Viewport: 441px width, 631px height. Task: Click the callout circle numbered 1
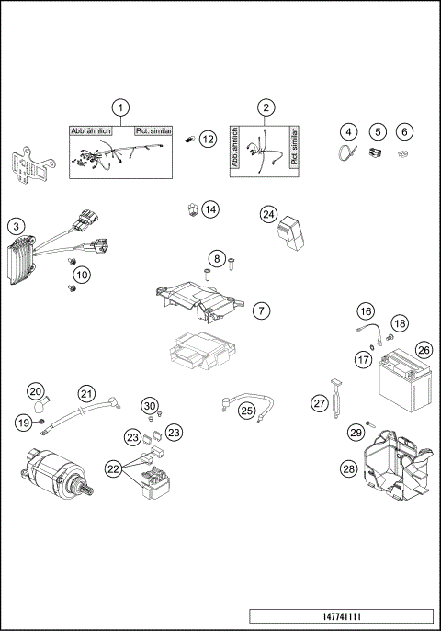click(x=120, y=109)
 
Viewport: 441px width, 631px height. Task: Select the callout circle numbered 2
click(x=266, y=108)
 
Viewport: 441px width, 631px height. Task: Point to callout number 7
click(x=262, y=310)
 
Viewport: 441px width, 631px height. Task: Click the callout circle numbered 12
click(x=208, y=139)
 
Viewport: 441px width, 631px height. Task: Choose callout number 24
click(x=268, y=214)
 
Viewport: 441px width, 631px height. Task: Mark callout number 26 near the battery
click(x=423, y=350)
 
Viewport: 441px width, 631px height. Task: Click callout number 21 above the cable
click(x=85, y=394)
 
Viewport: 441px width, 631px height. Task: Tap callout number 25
click(x=247, y=411)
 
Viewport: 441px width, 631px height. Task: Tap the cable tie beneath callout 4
click(x=345, y=153)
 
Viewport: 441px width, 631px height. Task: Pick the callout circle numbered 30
click(x=151, y=405)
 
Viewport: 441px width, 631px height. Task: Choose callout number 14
click(x=210, y=209)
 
